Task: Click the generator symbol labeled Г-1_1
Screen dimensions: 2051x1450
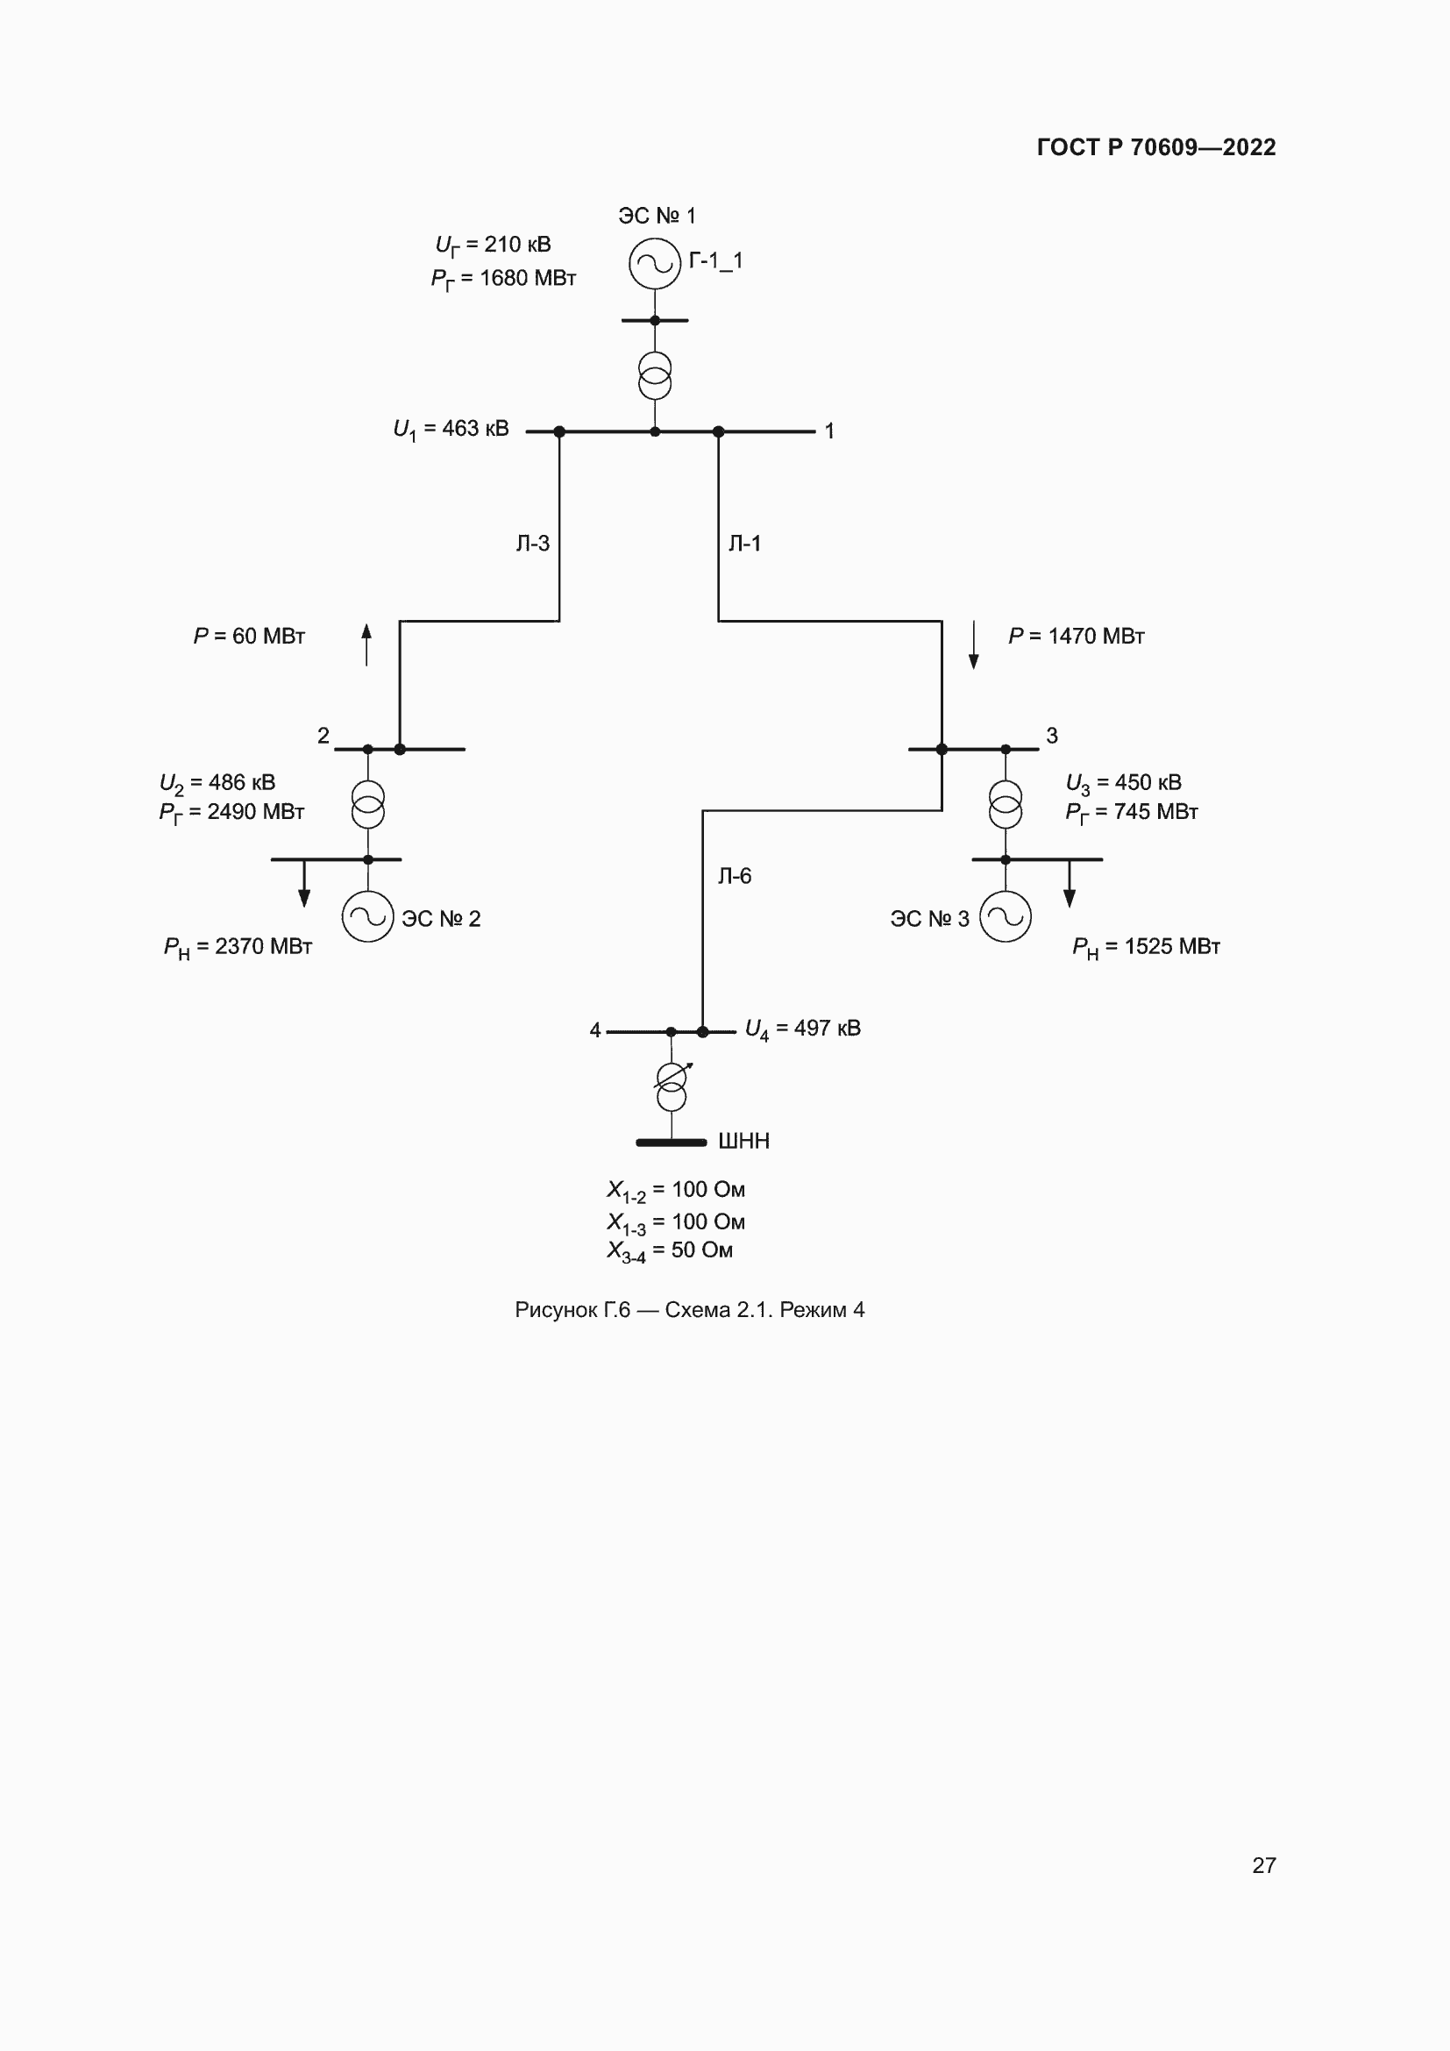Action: coord(655,264)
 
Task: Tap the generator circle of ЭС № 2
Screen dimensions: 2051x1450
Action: coord(368,916)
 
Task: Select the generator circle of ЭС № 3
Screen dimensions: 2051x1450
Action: coord(1006,916)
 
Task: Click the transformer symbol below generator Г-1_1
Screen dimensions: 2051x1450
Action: coord(655,376)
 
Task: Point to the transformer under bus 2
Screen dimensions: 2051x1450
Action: coord(368,804)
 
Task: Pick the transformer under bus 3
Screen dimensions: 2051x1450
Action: coord(1006,804)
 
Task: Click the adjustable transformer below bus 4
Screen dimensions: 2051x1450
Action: coord(672,1086)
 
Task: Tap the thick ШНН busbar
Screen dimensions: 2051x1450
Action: coord(672,1143)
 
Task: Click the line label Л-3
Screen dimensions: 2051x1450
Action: coord(533,543)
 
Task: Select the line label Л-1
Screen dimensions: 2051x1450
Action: coord(744,543)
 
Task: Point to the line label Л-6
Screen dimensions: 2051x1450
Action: coord(735,876)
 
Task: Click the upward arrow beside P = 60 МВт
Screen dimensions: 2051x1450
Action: coord(366,644)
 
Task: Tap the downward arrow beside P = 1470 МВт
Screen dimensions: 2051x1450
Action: coord(974,645)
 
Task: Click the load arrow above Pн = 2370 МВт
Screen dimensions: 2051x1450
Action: coord(304,884)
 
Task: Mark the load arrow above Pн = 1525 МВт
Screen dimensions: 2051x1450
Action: coord(1070,884)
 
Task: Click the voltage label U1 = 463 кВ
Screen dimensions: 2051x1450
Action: coord(451,430)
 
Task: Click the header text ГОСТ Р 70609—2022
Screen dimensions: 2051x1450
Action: coord(1156,147)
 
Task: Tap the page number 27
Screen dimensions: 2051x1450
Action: coord(1264,1865)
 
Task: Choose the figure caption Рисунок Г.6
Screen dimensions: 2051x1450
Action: coord(689,1309)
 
